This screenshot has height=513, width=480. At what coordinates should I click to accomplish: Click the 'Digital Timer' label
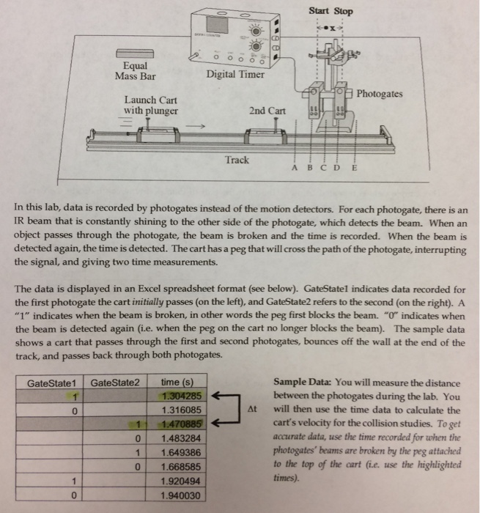coord(235,75)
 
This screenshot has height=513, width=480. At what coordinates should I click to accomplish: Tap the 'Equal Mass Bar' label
coord(136,70)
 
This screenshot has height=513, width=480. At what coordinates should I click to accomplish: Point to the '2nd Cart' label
coord(267,111)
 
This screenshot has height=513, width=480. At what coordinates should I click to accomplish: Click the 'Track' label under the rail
coord(237,159)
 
